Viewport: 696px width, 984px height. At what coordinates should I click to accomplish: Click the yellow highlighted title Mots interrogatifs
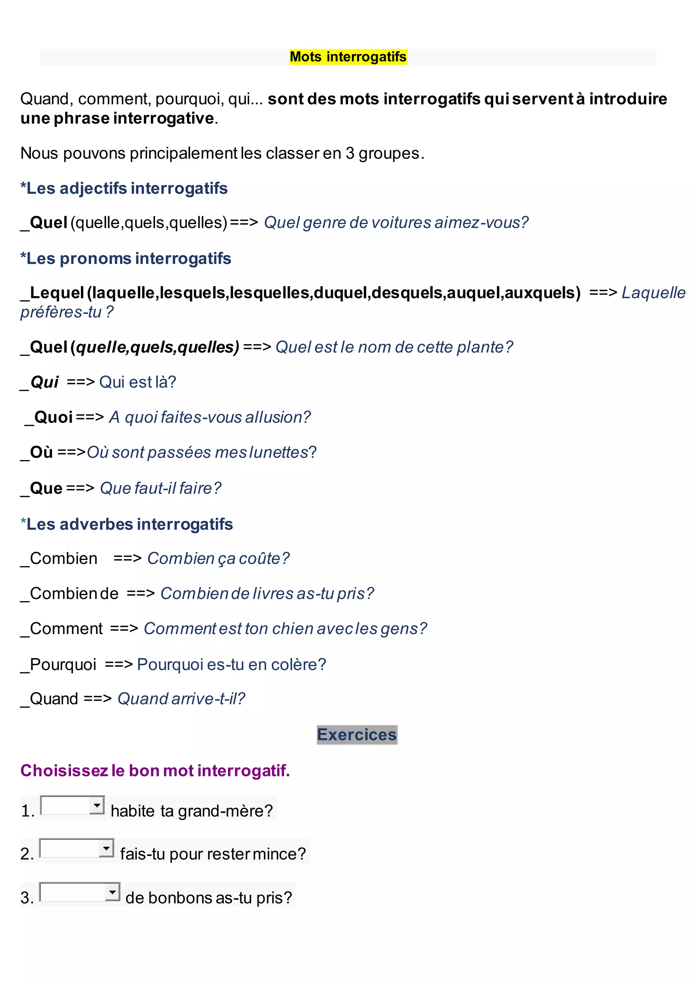tap(348, 56)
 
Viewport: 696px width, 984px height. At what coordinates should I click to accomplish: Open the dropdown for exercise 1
tap(97, 805)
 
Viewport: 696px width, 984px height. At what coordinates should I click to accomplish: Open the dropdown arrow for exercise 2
tap(106, 848)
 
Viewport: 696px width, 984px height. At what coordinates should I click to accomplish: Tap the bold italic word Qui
tap(45, 382)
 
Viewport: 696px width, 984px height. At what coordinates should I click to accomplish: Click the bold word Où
tap(41, 452)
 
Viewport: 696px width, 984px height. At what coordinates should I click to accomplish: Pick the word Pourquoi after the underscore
tap(63, 664)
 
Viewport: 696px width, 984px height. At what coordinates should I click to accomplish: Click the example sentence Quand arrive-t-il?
tap(181, 699)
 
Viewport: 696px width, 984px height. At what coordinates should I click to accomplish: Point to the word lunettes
tap(279, 452)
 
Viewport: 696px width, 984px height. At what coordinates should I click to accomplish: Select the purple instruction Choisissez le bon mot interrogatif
tap(155, 771)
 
